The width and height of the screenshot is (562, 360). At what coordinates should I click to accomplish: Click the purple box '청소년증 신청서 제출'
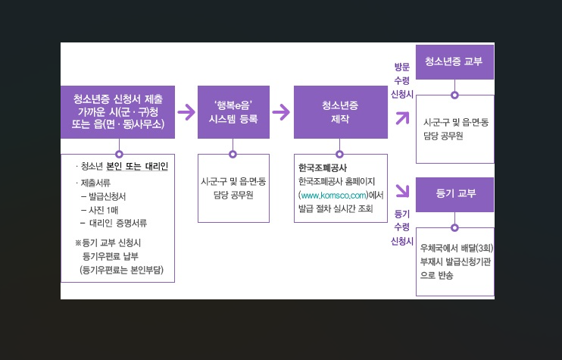pyautogui.click(x=117, y=112)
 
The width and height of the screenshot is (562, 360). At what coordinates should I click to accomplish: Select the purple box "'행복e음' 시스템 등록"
pyautogui.click(x=233, y=112)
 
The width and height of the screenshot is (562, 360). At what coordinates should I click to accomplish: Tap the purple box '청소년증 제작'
pyautogui.click(x=340, y=112)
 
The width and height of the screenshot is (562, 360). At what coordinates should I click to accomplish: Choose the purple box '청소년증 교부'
pyautogui.click(x=454, y=61)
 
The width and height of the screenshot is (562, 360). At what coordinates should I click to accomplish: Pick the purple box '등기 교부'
pyautogui.click(x=454, y=194)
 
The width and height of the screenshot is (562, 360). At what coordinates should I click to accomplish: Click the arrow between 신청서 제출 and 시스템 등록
pyautogui.click(x=186, y=112)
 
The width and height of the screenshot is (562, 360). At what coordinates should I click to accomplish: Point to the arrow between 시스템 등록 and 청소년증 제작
pyautogui.click(x=281, y=112)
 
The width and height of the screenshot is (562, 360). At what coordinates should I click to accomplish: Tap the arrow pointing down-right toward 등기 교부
pyautogui.click(x=401, y=189)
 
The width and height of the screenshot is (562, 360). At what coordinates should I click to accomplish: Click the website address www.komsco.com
pyautogui.click(x=333, y=195)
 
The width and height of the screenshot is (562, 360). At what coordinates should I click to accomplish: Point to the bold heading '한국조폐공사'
pyautogui.click(x=322, y=167)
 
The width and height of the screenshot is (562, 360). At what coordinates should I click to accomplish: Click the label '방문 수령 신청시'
pyautogui.click(x=401, y=80)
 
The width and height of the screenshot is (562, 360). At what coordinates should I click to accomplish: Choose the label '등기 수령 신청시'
pyautogui.click(x=401, y=227)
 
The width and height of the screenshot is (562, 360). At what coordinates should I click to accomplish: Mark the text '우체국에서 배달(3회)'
pyautogui.click(x=459, y=247)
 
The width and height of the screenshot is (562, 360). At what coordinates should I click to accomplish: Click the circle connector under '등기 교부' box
pyautogui.click(x=454, y=227)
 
